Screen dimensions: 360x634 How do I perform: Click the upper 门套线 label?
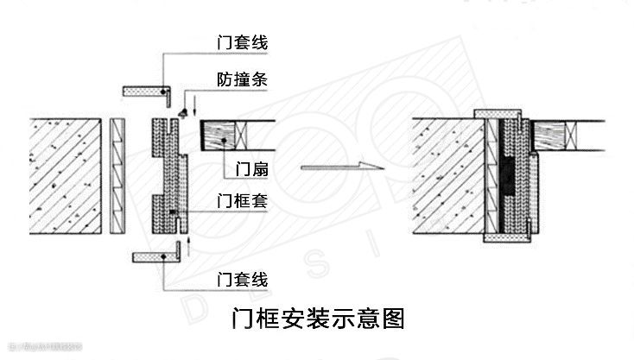point(242,41)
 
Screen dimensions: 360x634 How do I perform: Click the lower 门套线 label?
point(242,278)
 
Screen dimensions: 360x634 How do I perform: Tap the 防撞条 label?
point(242,79)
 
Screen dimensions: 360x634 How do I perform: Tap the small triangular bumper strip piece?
point(182,113)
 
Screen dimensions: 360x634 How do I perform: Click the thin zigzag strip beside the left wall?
point(117,177)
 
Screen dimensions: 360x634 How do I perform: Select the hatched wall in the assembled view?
point(445,177)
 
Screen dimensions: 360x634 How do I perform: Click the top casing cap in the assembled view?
point(502,112)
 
